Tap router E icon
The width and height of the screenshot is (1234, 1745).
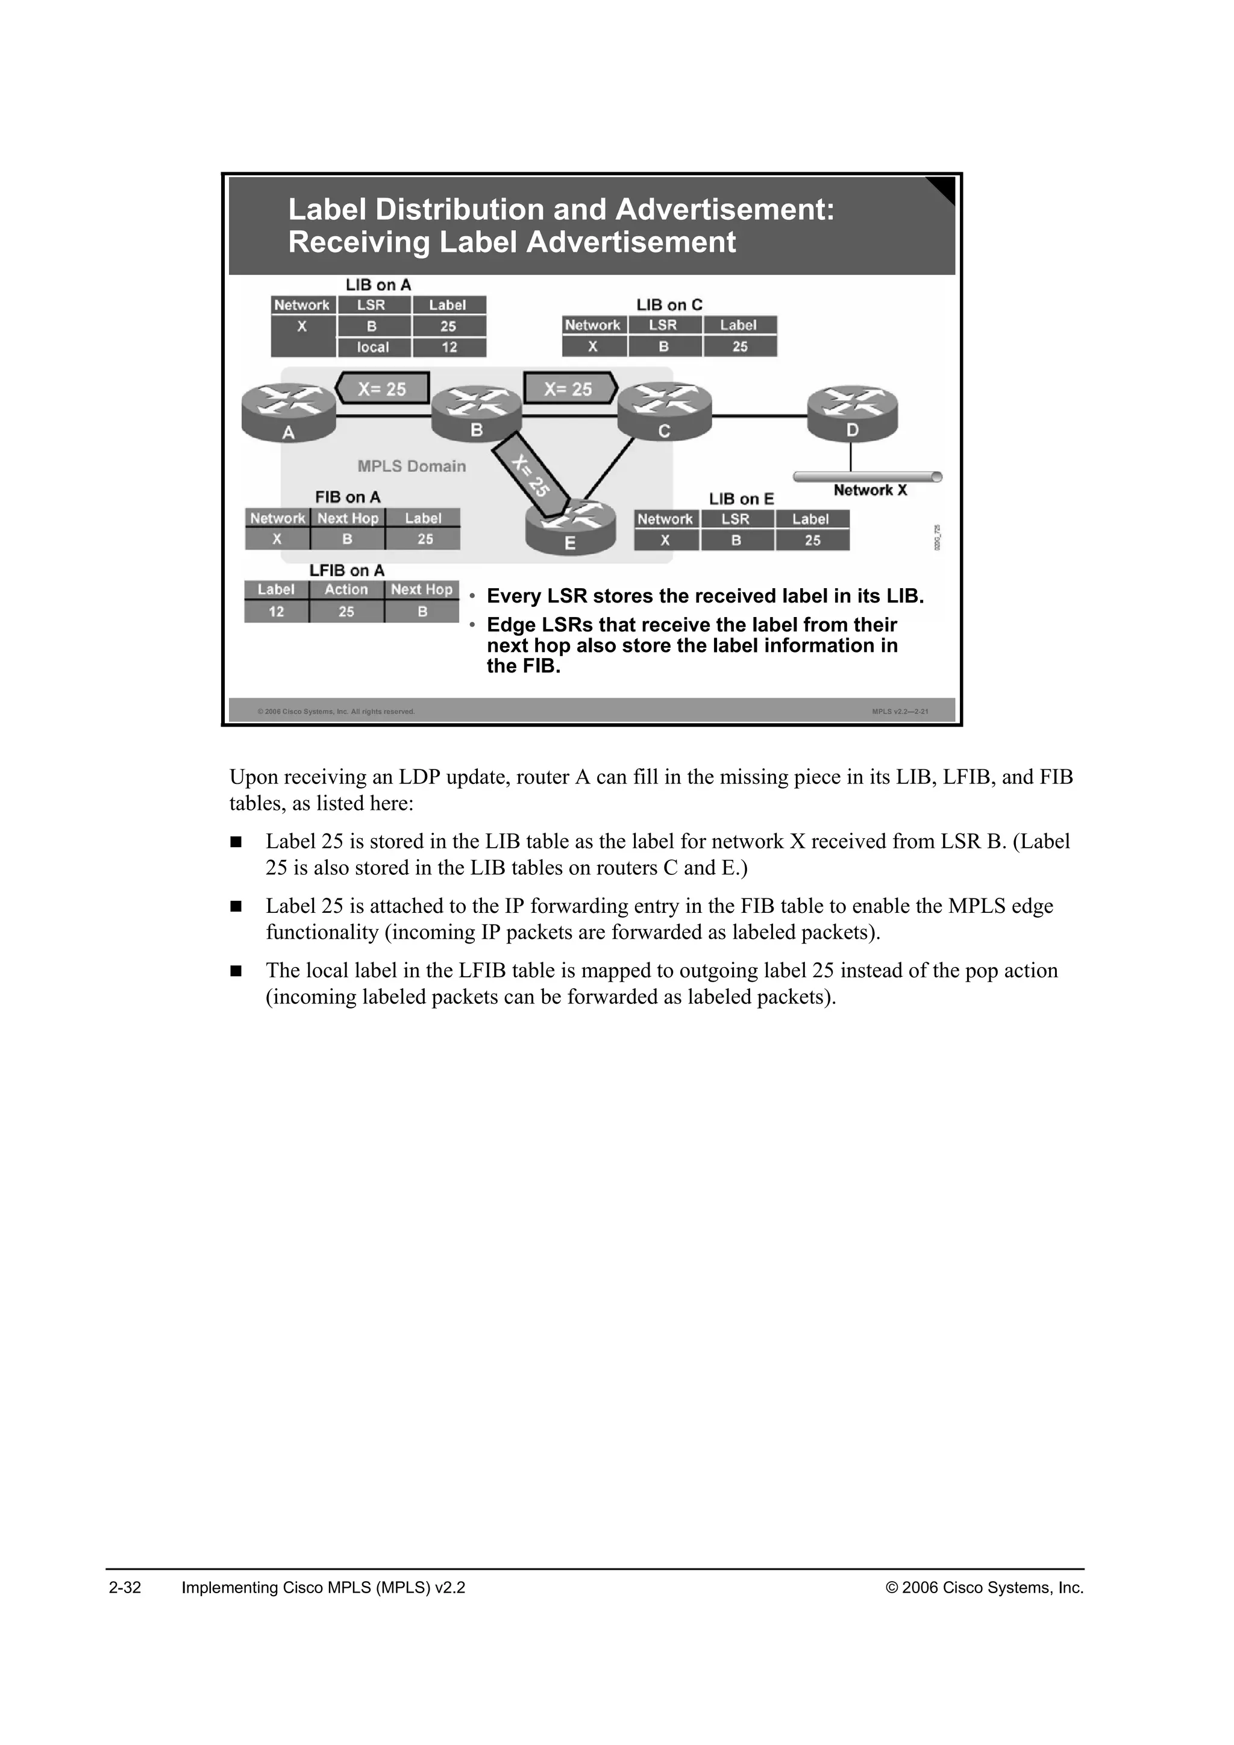(x=570, y=526)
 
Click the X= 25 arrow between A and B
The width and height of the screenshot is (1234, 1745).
(x=382, y=389)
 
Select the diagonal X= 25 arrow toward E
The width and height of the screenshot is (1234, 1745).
(x=531, y=474)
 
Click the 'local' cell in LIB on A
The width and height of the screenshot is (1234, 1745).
(x=373, y=347)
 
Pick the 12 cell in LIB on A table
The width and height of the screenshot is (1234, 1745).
(x=449, y=347)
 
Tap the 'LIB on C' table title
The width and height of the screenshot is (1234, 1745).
(x=669, y=305)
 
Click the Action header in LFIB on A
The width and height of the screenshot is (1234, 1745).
(x=346, y=590)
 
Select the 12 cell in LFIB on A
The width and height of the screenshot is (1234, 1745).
(x=276, y=612)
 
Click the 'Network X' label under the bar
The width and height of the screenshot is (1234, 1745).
(x=870, y=490)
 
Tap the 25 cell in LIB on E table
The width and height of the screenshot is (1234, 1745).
(x=812, y=540)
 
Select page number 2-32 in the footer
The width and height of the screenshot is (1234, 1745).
(x=125, y=1588)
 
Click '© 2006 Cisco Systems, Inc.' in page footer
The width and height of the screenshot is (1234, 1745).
(x=984, y=1588)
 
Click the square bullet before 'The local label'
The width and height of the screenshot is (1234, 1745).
(x=236, y=971)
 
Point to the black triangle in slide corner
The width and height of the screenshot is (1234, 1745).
(x=945, y=188)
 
